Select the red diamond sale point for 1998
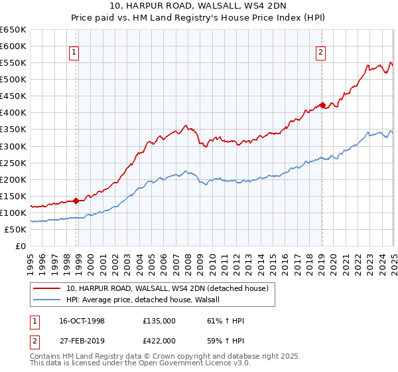(x=76, y=200)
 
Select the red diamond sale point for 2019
(x=322, y=105)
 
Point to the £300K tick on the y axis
(x=13, y=146)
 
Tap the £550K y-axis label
(x=13, y=63)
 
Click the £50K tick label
(x=15, y=229)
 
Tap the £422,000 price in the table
(x=159, y=340)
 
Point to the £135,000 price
(x=159, y=321)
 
